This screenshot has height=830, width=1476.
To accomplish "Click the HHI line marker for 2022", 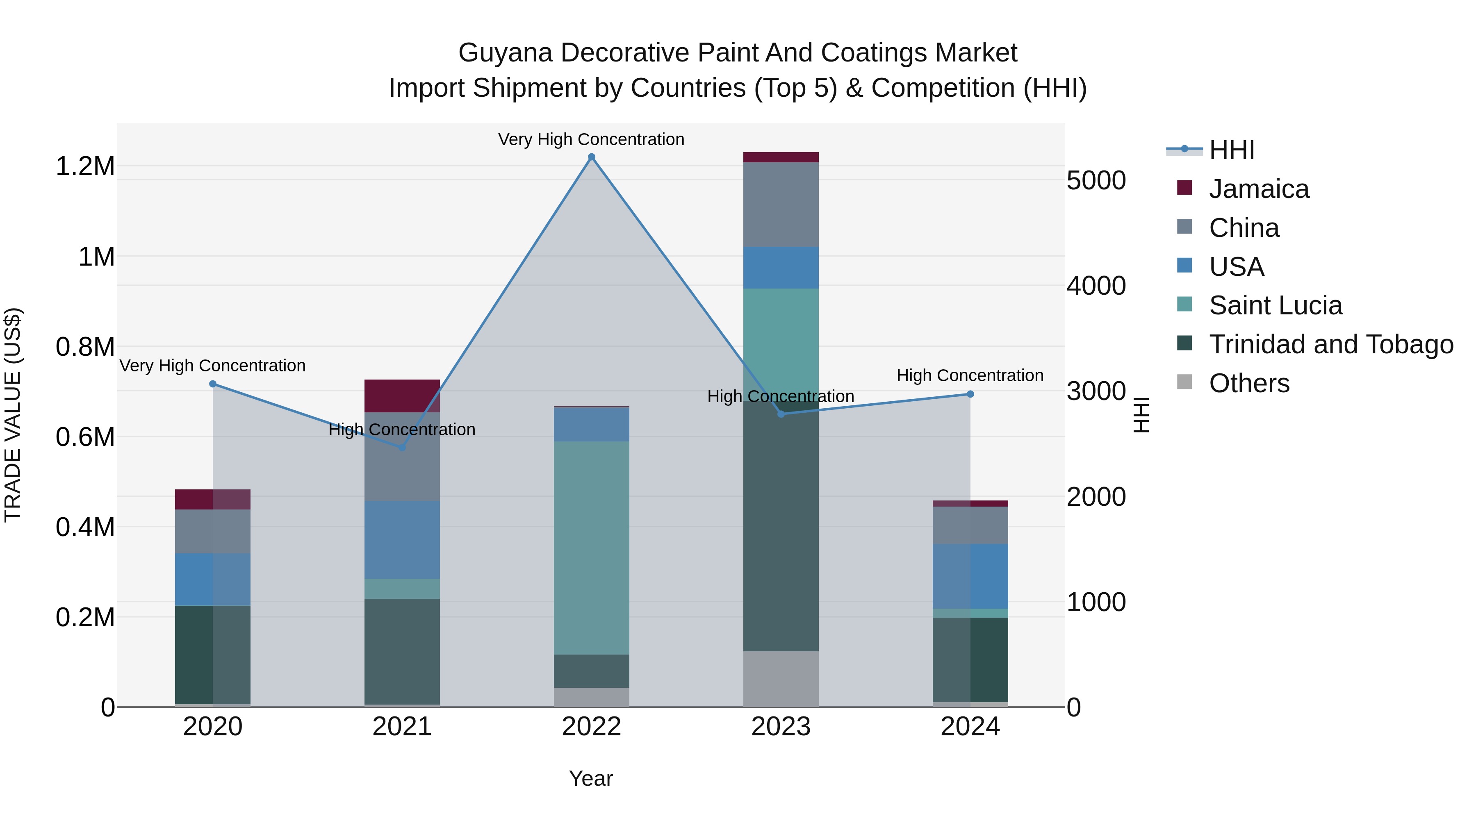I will (591, 157).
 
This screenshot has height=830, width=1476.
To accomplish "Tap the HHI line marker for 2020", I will (212, 384).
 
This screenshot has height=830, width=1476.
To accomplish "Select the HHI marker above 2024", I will (970, 394).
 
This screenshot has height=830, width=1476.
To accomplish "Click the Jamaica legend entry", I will (1258, 189).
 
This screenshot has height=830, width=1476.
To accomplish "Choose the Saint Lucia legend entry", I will (1274, 305).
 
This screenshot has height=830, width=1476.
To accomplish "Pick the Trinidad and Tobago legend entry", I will (1330, 344).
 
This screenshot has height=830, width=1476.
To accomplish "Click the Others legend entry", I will (1248, 383).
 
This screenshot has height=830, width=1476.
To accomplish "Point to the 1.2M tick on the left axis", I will (85, 167).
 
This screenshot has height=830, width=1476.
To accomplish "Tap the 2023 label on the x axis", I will (780, 727).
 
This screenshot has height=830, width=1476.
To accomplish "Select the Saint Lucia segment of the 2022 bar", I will (591, 547).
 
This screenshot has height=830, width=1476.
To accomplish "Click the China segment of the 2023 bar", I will (780, 205).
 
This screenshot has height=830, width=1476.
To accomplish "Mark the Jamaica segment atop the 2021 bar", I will (402, 395).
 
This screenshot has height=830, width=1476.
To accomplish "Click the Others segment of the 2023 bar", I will (780, 678).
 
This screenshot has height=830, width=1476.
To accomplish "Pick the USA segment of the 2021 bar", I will (402, 539).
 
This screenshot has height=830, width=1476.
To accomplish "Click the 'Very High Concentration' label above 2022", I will (591, 140).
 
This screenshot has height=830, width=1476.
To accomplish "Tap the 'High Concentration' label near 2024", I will (970, 376).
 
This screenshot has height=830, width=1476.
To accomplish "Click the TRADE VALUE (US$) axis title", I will (13, 415).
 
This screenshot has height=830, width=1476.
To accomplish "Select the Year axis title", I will (591, 778).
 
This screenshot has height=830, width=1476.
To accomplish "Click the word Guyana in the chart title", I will (505, 53).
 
